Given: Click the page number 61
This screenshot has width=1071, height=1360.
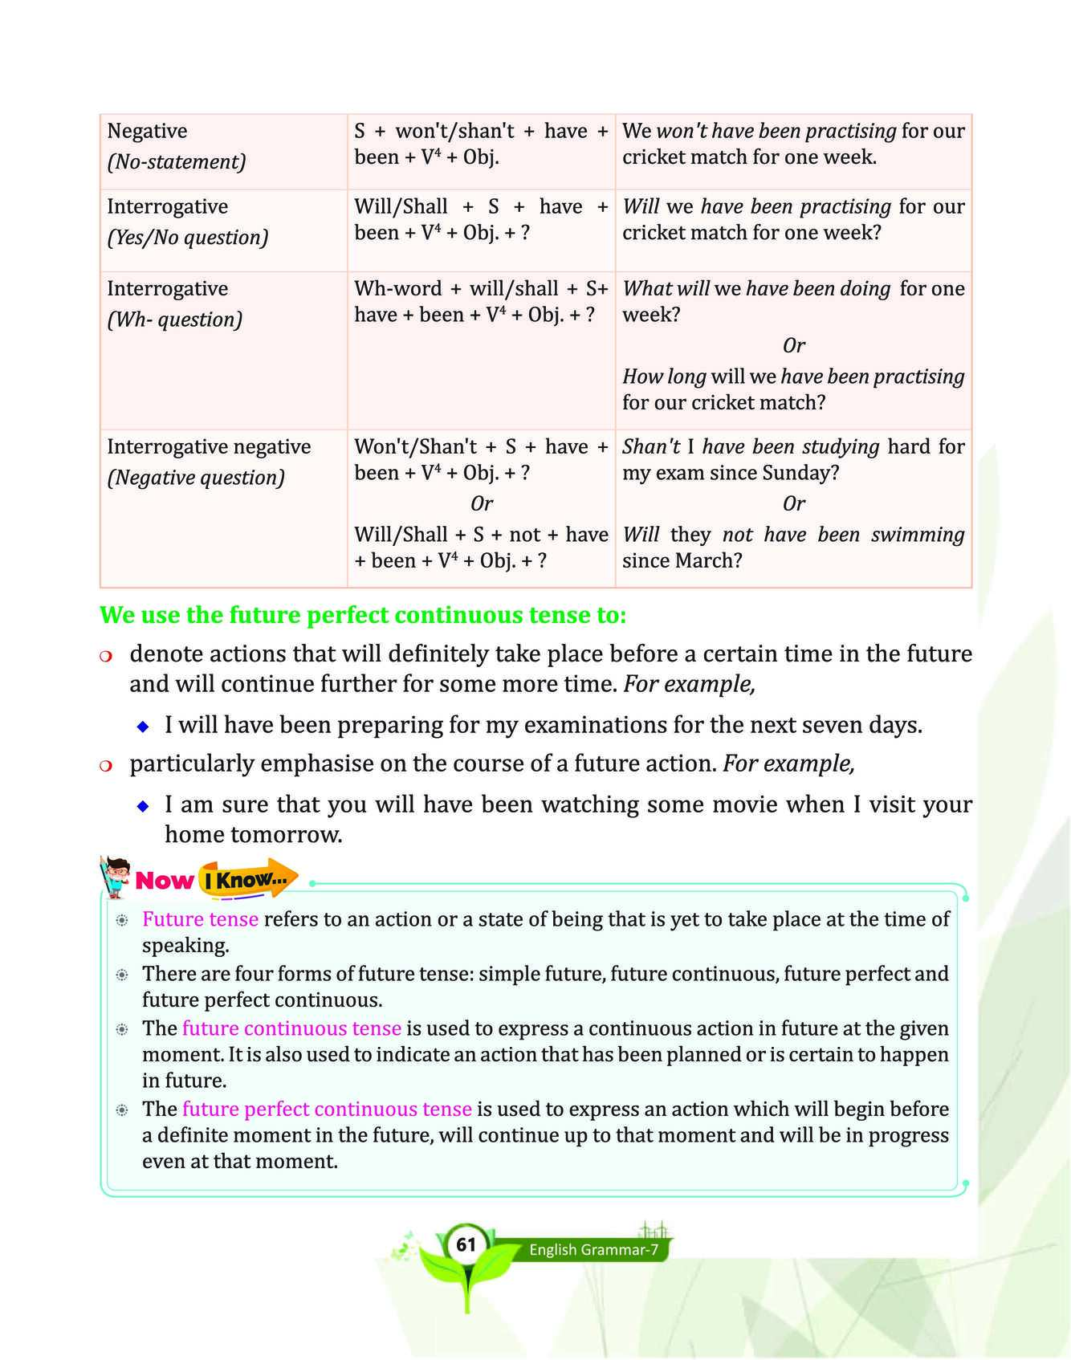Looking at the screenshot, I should pos(466,1245).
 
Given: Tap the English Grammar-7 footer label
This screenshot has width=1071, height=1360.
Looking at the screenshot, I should pos(593,1250).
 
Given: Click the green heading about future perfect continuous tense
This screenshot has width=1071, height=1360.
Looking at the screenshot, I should pos(362,616).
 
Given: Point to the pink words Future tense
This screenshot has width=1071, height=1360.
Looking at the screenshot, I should pos(200,919).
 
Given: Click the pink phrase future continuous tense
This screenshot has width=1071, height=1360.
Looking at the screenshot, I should pos(291,1028).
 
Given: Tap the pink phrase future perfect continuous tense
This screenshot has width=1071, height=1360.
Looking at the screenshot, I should pos(327,1109).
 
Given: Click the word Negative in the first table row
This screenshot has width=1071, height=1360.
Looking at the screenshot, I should pos(147,131).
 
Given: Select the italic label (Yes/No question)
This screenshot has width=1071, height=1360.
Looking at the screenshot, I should pos(188,238).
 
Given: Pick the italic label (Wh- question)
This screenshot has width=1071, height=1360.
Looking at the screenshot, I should pos(174,320).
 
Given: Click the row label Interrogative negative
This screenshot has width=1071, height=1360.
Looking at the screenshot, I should pos(209,447).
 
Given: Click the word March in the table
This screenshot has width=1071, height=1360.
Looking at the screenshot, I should pos(710,560).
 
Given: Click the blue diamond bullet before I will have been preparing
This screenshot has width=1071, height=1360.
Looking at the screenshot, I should pos(143,727).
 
